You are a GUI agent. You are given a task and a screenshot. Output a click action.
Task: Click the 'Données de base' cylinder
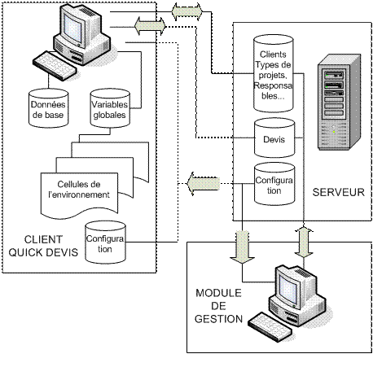click(x=48, y=108)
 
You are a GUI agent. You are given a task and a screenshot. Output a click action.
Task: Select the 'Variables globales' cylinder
click(x=110, y=108)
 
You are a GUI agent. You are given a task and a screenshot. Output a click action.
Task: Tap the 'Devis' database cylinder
click(x=274, y=138)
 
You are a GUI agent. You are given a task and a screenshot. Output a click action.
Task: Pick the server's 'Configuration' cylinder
click(x=274, y=184)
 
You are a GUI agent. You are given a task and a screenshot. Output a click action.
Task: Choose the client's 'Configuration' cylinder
click(x=105, y=242)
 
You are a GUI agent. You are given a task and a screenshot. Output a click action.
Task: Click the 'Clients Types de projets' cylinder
click(x=274, y=73)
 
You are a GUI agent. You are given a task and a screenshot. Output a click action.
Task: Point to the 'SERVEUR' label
click(x=338, y=192)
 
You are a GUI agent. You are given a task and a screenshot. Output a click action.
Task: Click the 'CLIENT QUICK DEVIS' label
click(x=43, y=246)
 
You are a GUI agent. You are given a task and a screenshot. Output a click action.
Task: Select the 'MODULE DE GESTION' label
click(x=218, y=306)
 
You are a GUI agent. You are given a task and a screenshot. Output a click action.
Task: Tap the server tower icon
click(x=340, y=102)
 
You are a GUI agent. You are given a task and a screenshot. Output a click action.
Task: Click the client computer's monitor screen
click(x=72, y=28)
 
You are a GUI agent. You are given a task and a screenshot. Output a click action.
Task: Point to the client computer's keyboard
click(x=55, y=66)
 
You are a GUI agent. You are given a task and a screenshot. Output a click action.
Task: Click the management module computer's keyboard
click(x=270, y=327)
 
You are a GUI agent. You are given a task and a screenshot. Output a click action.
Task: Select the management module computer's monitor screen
click(x=288, y=290)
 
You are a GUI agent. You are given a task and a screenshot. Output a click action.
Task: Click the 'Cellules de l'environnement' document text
click(x=79, y=190)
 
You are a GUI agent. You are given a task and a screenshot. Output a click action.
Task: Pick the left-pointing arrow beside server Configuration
click(x=204, y=184)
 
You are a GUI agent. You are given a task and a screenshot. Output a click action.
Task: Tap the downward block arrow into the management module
click(x=242, y=247)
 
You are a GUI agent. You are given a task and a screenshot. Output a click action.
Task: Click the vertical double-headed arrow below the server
click(x=304, y=241)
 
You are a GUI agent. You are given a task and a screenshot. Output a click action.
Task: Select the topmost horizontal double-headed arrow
click(x=187, y=11)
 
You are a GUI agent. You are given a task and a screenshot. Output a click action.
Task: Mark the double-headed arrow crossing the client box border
click(x=150, y=26)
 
